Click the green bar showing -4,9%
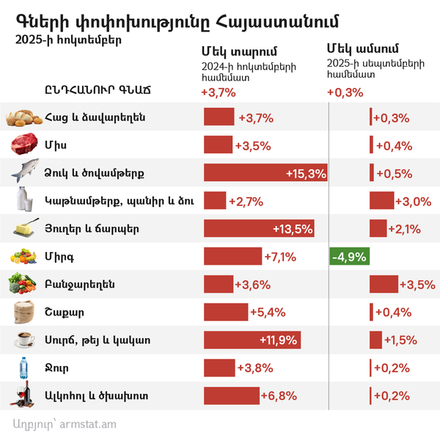pyautogui.click(x=350, y=257)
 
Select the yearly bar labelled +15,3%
pyautogui.click(x=265, y=173)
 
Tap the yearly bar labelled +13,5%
pyautogui.click(x=260, y=229)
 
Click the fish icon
pyautogui.click(x=24, y=172)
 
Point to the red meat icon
pyautogui.click(x=24, y=144)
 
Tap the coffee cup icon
pyautogui.click(x=24, y=340)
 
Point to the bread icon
pyautogui.click(x=24, y=117)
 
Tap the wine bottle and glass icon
pyautogui.click(x=24, y=396)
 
